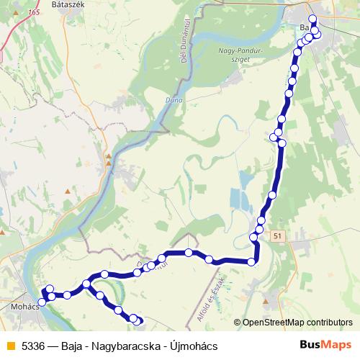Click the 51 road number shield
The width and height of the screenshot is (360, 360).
point(279,235)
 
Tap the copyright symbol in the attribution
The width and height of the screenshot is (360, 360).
point(238,322)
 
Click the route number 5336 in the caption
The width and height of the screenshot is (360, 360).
point(34,346)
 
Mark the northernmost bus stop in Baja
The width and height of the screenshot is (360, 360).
point(312,19)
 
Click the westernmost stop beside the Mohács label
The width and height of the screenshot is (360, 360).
point(42,302)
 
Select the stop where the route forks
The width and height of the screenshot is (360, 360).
point(86,284)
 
